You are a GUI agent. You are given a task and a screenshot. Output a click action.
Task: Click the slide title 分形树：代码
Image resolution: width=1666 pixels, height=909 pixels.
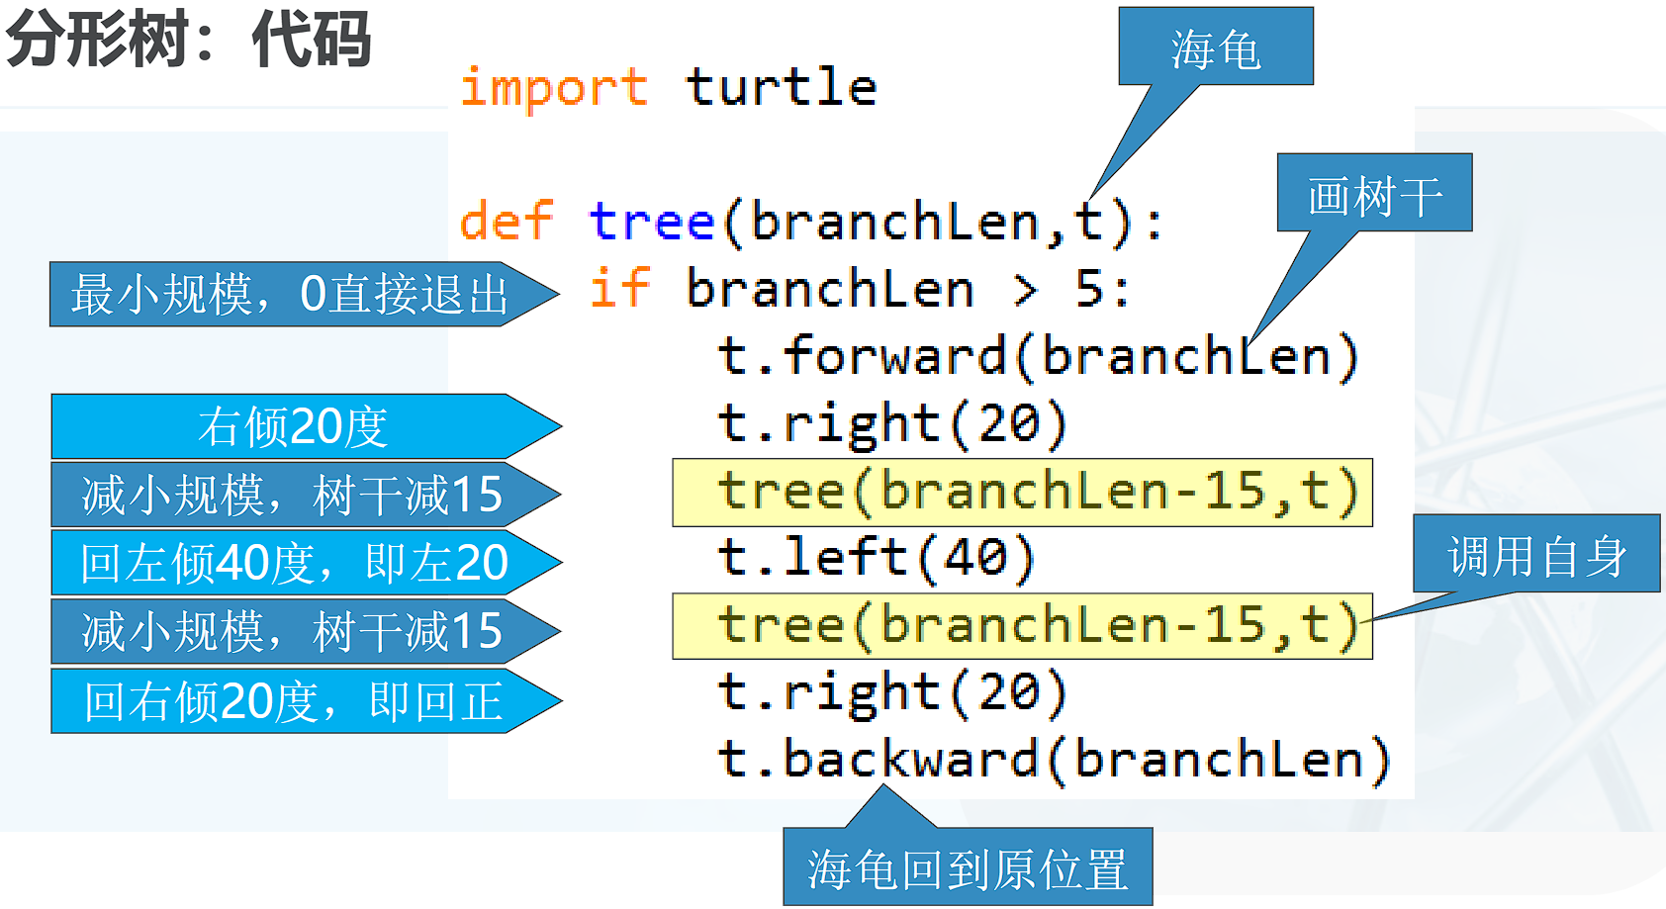187,40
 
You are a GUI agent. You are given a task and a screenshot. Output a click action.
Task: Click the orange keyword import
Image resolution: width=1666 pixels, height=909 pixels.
554,89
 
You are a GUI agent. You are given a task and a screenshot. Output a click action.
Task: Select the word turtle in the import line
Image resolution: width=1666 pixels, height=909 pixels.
781,87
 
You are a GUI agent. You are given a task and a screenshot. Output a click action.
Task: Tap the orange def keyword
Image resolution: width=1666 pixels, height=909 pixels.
507,221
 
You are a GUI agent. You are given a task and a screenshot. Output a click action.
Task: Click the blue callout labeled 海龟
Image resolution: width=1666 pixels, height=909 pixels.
1216,46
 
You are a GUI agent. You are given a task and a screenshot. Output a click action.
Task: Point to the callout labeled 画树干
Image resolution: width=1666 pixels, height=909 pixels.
1374,193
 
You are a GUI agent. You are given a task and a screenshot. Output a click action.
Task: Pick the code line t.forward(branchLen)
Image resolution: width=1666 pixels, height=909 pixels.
1038,356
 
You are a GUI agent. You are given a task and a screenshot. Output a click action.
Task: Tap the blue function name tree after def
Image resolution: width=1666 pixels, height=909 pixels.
652,221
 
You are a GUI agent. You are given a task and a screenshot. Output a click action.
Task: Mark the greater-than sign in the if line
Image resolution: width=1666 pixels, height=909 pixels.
1026,290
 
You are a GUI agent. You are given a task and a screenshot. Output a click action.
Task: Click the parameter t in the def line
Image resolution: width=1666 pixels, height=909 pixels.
1088,221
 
